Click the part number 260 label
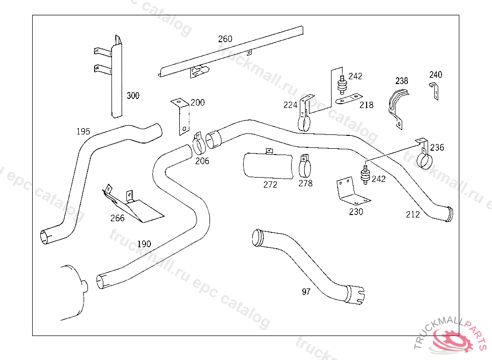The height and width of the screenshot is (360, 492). click(x=225, y=39)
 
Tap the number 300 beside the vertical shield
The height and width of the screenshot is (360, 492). click(x=133, y=96)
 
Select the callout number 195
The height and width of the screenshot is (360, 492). click(x=83, y=132)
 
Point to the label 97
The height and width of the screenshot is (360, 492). click(x=306, y=291)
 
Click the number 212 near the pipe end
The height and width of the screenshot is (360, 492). click(x=412, y=215)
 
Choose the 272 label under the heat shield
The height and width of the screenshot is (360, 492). click(x=270, y=185)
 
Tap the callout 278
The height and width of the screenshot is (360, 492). click(x=305, y=183)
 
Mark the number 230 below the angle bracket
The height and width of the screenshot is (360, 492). click(x=356, y=212)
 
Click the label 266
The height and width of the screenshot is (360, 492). click(x=117, y=218)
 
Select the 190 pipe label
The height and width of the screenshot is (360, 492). click(x=144, y=244)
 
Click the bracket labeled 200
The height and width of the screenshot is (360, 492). click(x=181, y=118)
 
